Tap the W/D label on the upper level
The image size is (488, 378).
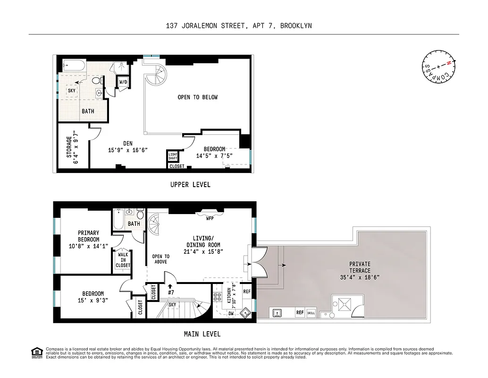(x=123, y=82)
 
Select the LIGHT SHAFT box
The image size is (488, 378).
(x=173, y=155)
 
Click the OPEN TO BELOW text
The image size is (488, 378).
(x=197, y=97)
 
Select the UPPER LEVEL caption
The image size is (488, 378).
(x=190, y=185)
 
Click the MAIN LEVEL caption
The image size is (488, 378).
(x=202, y=334)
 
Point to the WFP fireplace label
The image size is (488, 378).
(x=210, y=218)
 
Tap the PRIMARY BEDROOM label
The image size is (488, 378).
(x=89, y=236)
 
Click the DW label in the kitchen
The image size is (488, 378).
(x=231, y=313)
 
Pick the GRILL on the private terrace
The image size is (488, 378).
(x=311, y=313)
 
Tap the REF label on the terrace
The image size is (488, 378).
(x=300, y=313)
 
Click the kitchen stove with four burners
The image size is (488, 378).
(x=218, y=297)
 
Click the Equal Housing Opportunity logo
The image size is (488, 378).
(x=35, y=352)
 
